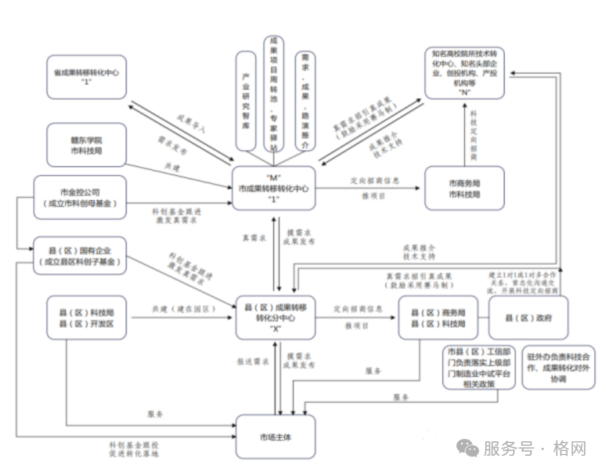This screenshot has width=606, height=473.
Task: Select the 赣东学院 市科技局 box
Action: click(87, 145)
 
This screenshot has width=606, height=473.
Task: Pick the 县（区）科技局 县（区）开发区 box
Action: click(87, 318)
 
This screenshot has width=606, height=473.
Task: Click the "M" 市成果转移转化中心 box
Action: click(273, 188)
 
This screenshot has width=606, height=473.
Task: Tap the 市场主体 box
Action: click(276, 437)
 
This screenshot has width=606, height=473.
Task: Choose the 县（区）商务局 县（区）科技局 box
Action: click(438, 318)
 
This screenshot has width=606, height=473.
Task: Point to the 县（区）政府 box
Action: click(528, 318)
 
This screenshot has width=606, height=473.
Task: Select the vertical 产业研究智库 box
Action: click(246, 101)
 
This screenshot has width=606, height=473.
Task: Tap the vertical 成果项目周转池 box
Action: click(273, 94)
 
